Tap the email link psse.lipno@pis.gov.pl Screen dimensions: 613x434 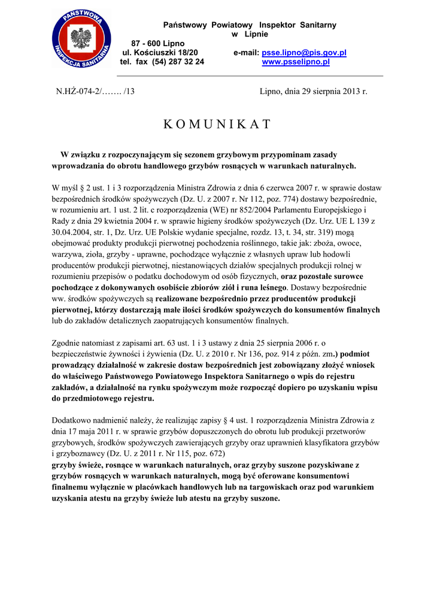(304, 53)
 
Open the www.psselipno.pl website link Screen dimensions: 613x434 (296, 62)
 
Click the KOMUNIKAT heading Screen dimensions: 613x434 (217, 125)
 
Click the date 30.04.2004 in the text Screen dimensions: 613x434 (72, 232)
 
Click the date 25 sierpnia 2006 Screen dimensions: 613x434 (267, 343)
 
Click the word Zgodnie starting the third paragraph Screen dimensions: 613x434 (68, 343)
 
